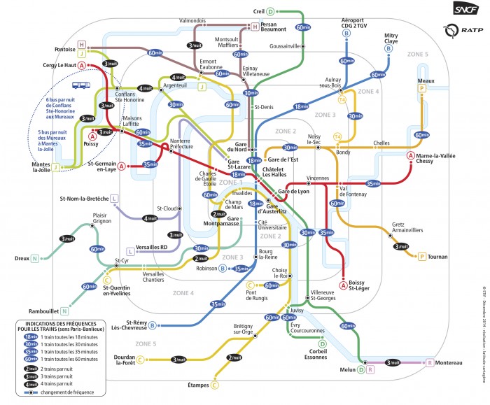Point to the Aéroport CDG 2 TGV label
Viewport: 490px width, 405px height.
[355, 22]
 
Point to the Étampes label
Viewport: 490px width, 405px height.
[200, 384]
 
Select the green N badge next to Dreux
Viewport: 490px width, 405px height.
[34, 258]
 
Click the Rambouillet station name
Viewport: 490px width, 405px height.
[41, 311]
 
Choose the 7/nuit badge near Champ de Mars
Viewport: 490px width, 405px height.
[219, 213]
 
